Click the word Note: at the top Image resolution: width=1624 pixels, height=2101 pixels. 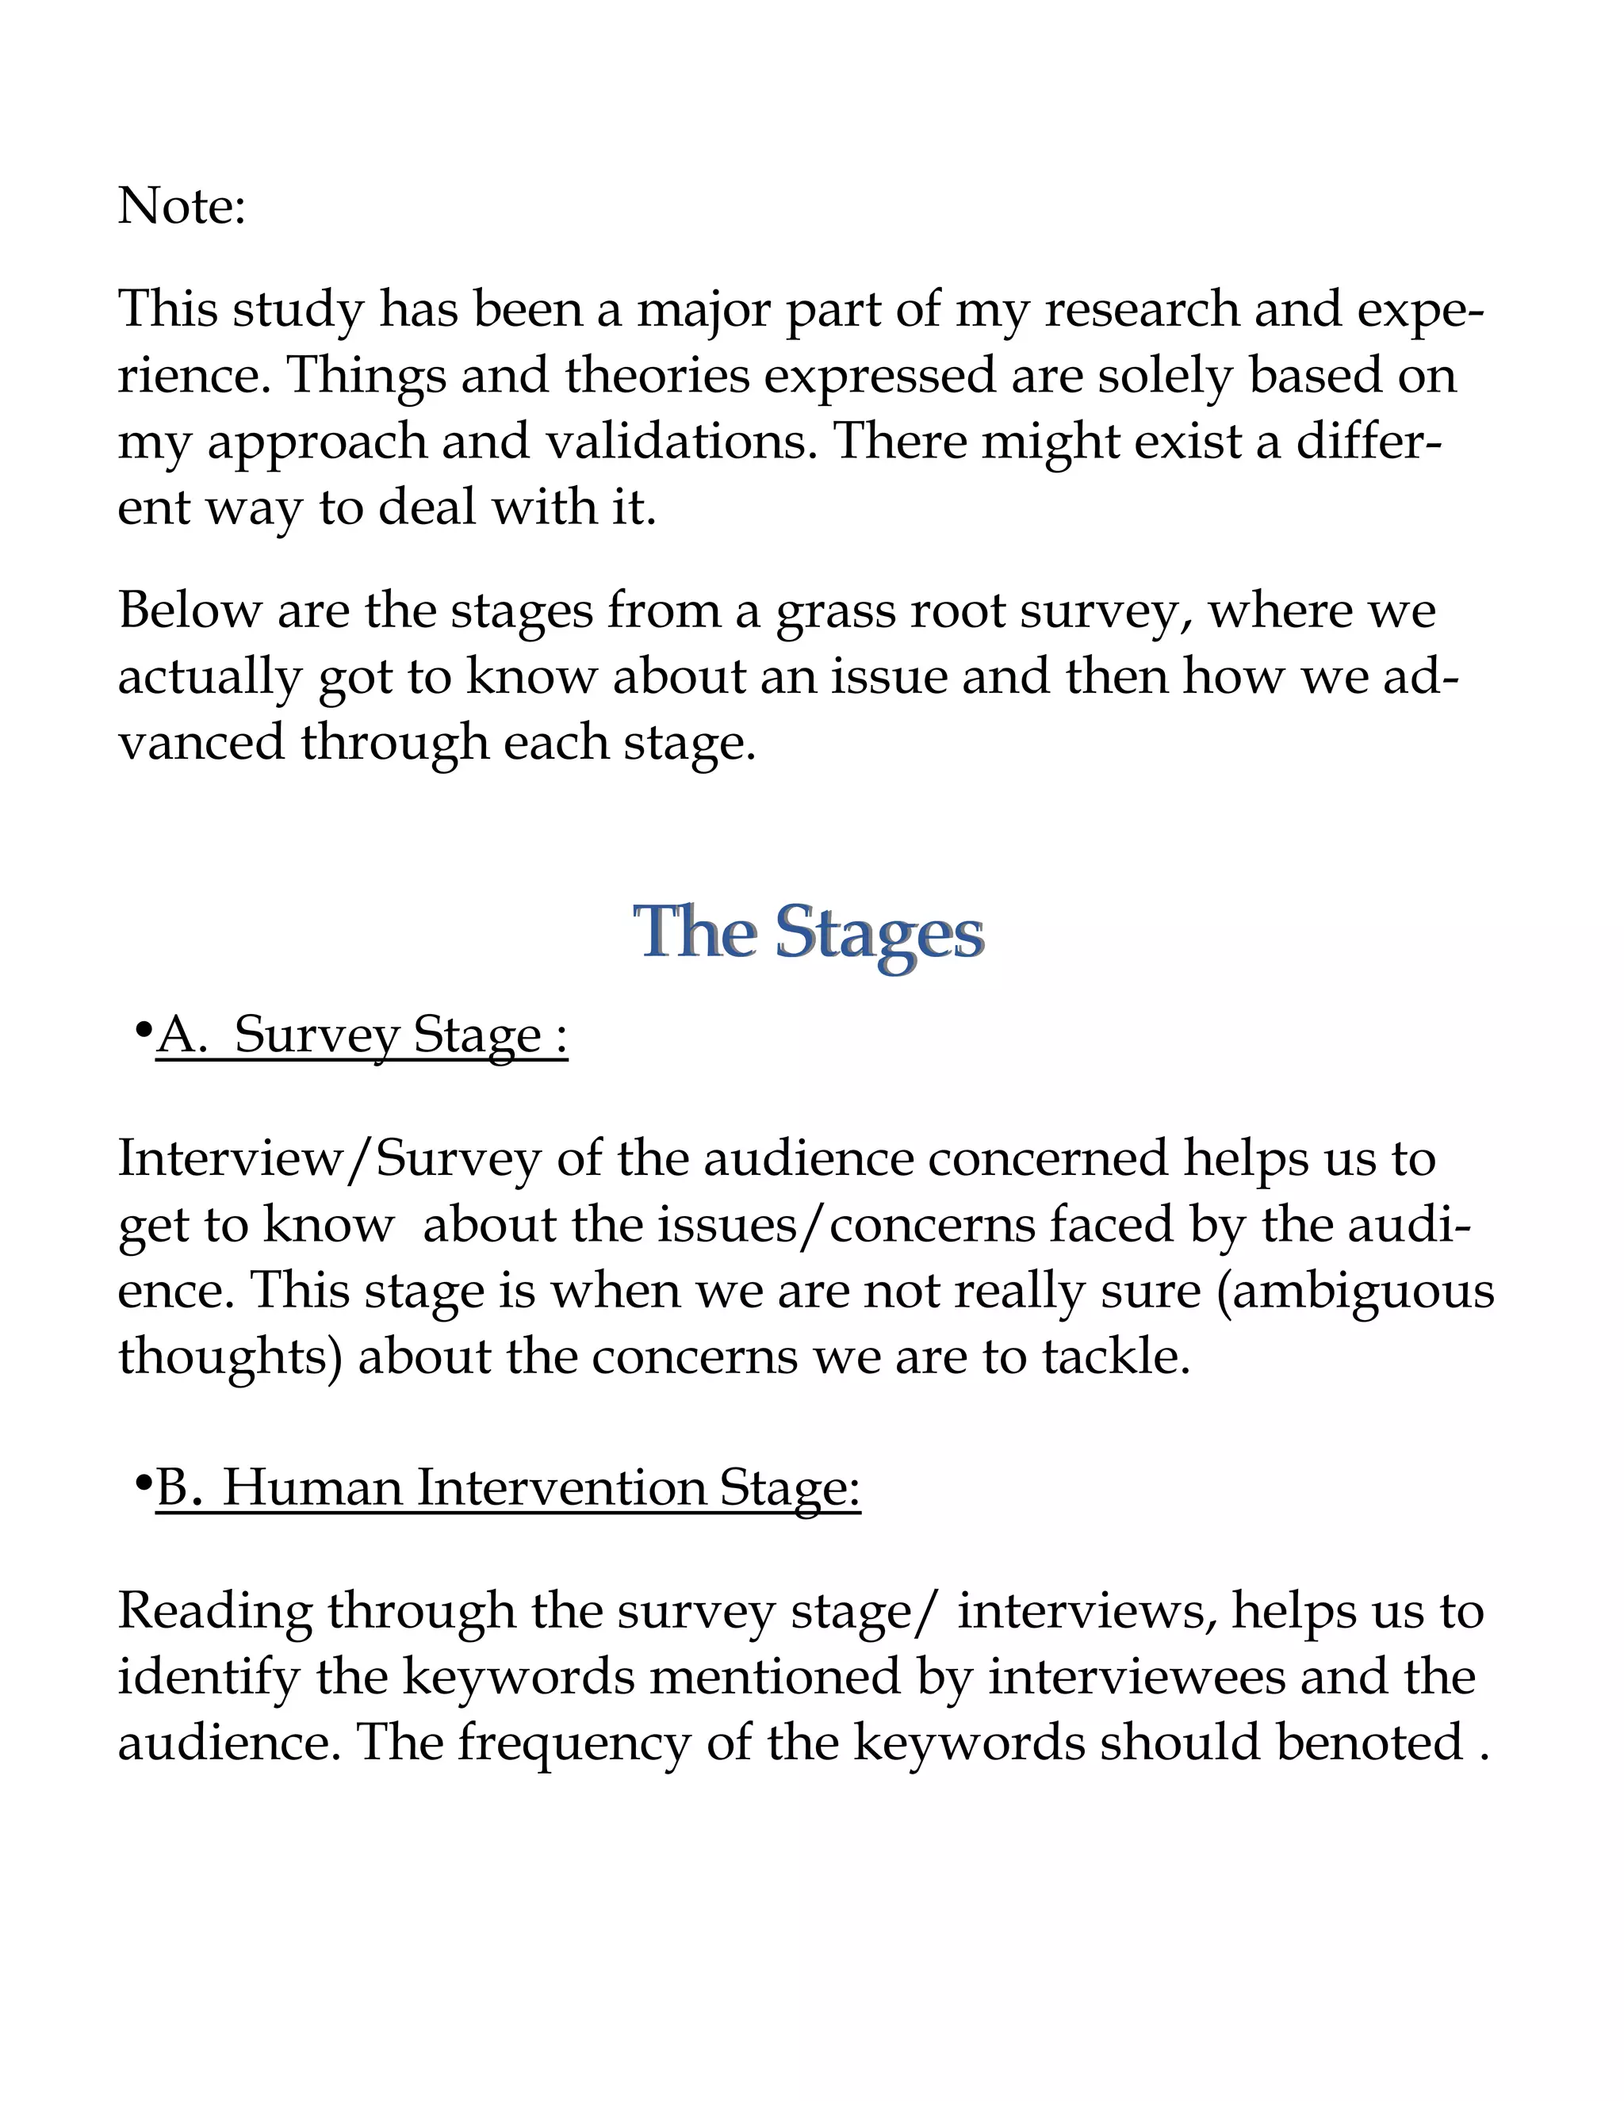tap(182, 206)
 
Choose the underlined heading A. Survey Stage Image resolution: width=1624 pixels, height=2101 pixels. tap(362, 1036)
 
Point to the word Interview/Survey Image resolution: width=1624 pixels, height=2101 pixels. tap(329, 1158)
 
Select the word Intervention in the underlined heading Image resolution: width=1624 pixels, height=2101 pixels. tap(562, 1488)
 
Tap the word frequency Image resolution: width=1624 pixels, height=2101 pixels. tap(573, 1743)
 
